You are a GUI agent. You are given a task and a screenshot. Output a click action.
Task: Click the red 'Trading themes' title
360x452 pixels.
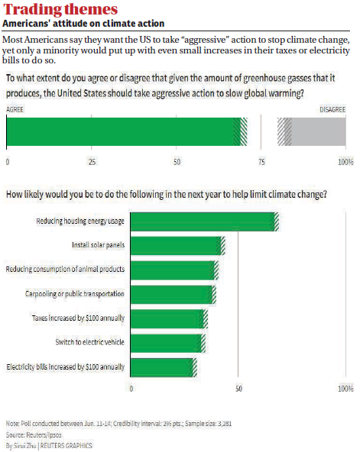tap(60, 9)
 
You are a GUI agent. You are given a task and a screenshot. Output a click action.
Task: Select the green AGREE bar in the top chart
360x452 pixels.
tap(127, 131)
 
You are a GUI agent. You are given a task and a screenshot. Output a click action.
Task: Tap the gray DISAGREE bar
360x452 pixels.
tap(312, 131)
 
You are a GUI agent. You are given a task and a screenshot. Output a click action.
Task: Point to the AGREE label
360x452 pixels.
tap(15, 109)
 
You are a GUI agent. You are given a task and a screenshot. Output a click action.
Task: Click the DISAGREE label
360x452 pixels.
tap(332, 109)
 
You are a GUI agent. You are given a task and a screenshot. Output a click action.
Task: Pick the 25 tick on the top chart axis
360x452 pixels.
tap(92, 162)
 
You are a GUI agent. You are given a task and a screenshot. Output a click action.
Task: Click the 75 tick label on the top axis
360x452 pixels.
tap(261, 162)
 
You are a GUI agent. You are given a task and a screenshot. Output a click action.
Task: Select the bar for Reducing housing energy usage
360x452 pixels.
tap(205, 221)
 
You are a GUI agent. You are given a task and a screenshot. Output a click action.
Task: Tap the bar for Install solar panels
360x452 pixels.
tap(177, 246)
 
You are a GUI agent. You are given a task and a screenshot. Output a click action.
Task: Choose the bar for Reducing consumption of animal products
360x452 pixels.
tap(174, 270)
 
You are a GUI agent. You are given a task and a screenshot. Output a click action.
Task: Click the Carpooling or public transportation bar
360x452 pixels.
tap(174, 295)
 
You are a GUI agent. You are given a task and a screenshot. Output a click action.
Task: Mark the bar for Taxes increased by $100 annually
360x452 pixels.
tap(170, 319)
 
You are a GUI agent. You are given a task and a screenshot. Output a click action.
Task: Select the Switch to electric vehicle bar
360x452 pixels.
tap(168, 344)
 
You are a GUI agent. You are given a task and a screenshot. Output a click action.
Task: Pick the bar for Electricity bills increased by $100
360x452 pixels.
tap(164, 367)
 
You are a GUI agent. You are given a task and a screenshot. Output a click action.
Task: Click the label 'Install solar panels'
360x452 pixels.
tap(99, 245)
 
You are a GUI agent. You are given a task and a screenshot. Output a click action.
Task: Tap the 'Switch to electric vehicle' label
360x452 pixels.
tap(90, 342)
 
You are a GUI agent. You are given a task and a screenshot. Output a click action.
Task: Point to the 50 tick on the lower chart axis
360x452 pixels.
tap(238, 389)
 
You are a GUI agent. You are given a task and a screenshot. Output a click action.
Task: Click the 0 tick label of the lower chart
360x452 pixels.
tap(131, 389)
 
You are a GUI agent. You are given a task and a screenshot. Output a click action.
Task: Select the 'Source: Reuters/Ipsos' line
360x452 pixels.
tap(34, 434)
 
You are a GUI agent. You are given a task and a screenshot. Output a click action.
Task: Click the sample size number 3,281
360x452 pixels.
tap(225, 424)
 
